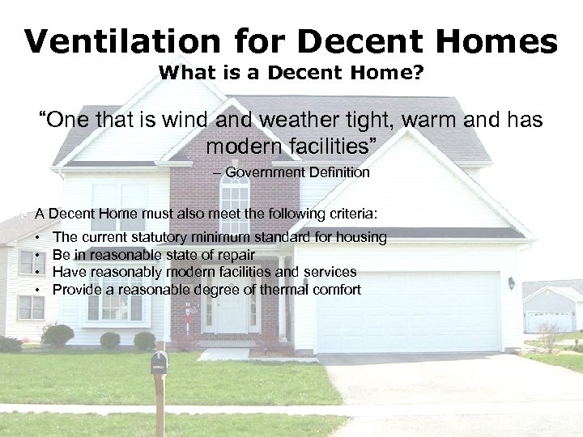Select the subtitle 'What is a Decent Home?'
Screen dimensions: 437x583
pos(291,73)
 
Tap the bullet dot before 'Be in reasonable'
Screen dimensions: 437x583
pos(40,256)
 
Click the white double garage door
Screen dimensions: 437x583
pos(408,311)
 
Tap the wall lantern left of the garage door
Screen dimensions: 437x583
pos(511,282)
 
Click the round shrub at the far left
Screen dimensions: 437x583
pos(57,335)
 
